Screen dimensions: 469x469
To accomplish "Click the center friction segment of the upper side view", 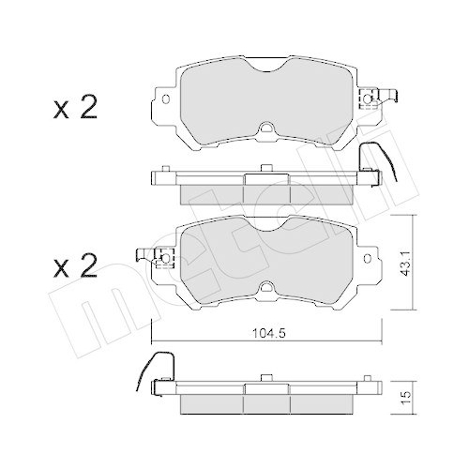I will coord(267,190).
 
